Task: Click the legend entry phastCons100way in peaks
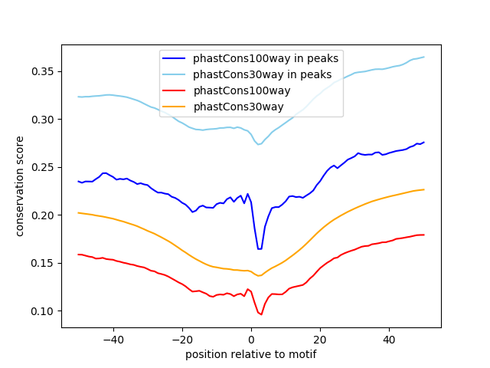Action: tap(266, 58)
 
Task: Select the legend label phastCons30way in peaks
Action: tap(262, 74)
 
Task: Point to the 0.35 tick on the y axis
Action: tap(45, 71)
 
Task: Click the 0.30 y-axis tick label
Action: tap(45, 120)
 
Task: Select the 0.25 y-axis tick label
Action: tap(45, 167)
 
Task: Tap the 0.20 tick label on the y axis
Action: tap(45, 215)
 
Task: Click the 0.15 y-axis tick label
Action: tap(45, 263)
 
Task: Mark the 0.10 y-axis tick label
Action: tap(45, 311)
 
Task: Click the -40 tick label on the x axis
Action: tap(113, 339)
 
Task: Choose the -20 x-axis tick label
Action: tap(182, 339)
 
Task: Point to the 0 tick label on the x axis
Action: tap(251, 339)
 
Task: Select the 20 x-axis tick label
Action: tap(320, 339)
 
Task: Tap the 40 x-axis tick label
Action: tap(389, 339)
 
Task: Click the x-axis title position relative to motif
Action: tap(251, 354)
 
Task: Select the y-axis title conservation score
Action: tap(21, 186)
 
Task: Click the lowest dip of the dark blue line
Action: tap(260, 248)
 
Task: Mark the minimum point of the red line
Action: tap(261, 314)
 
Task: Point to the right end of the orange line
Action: tap(423, 189)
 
